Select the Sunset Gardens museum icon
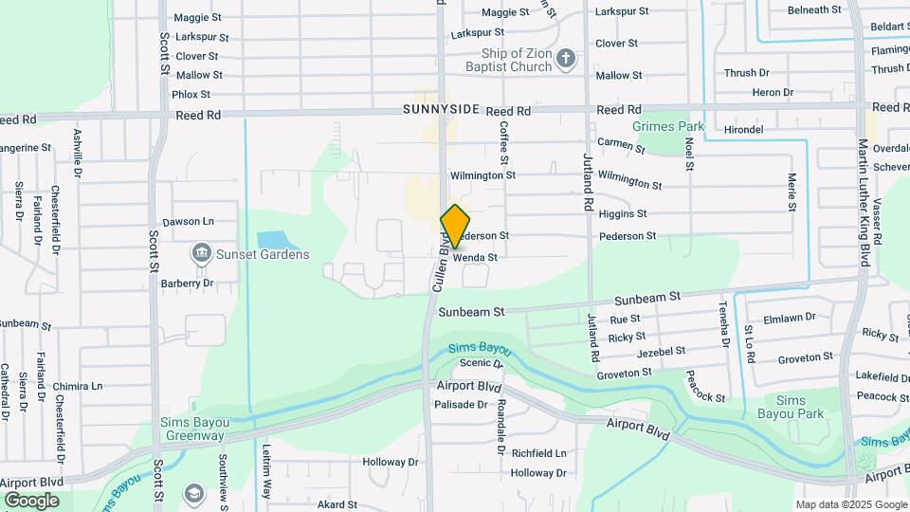[x=201, y=253]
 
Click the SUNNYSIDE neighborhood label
[x=441, y=110]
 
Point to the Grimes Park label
[x=669, y=126]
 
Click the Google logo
[x=31, y=501]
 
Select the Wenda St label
[x=475, y=257]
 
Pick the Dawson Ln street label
[x=189, y=221]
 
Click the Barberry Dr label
[x=187, y=283]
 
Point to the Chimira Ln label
[x=78, y=387]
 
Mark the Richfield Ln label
[x=537, y=453]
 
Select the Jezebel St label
[x=662, y=351]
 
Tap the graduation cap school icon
[x=194, y=493]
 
